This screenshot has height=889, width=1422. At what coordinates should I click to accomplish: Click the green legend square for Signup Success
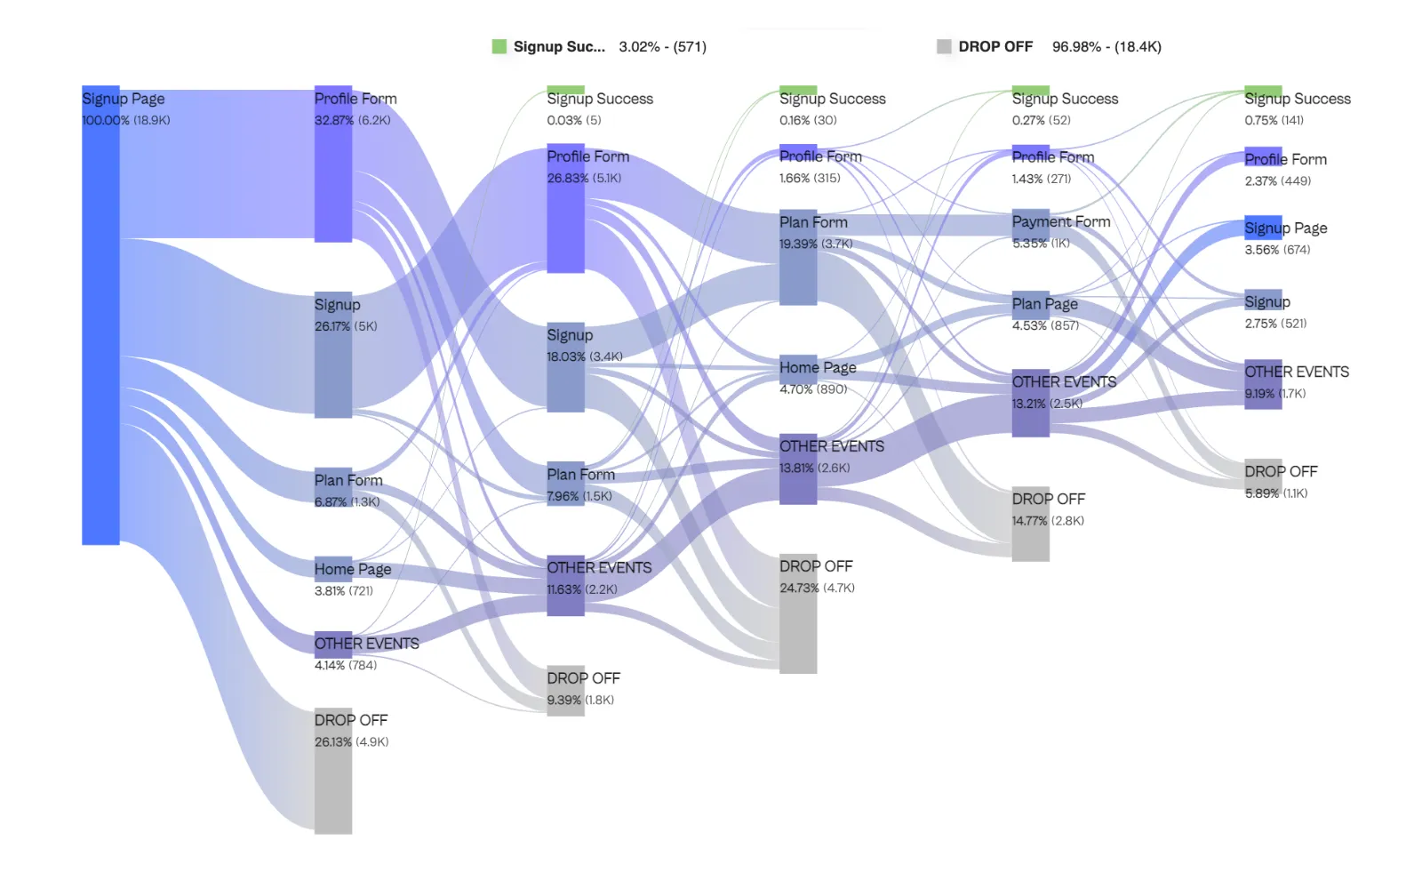(x=499, y=46)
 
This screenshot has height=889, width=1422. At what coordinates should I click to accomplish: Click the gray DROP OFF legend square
(x=944, y=46)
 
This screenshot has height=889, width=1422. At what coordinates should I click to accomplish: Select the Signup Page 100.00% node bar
(x=100, y=316)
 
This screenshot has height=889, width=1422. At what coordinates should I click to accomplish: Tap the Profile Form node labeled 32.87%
(x=333, y=164)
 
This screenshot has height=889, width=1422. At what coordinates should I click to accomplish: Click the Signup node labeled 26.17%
(x=333, y=355)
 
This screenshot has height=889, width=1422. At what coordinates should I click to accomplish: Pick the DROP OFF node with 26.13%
(x=333, y=771)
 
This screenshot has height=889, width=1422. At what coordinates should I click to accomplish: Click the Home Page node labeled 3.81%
(x=333, y=569)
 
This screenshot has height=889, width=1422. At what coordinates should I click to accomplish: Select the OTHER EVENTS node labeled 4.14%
(x=333, y=645)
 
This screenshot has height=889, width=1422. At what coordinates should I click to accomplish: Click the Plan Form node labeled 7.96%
(x=565, y=485)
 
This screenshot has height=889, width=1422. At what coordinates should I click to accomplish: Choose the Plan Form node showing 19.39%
(x=798, y=259)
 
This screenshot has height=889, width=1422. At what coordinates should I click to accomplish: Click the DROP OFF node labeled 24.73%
(x=798, y=613)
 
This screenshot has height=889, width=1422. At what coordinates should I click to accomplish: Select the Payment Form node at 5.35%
(x=1031, y=229)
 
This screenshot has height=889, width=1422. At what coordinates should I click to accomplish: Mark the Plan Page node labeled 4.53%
(x=1031, y=306)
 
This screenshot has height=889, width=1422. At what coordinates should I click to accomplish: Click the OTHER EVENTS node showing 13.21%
(x=1031, y=403)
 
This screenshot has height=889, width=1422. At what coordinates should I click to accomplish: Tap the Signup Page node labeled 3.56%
(x=1263, y=228)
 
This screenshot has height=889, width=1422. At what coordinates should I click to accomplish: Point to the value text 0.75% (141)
(x=1274, y=120)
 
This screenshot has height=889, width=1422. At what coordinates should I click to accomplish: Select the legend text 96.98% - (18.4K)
(x=1106, y=46)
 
